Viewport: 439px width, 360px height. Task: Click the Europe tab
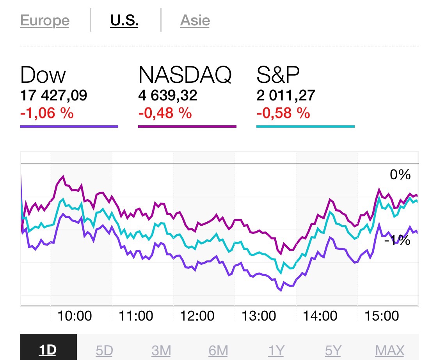[x=44, y=20]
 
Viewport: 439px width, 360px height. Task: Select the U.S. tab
[x=124, y=20]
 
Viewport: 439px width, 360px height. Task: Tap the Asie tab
[x=195, y=20]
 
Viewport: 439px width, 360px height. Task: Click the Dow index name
[x=43, y=75]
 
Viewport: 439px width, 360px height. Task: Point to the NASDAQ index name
[x=185, y=75]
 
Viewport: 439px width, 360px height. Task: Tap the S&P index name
[x=279, y=75]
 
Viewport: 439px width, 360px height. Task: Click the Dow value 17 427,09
[x=53, y=95]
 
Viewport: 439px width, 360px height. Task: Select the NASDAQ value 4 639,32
[x=167, y=95]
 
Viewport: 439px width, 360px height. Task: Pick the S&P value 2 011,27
[x=286, y=95]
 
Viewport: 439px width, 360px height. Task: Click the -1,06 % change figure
[x=47, y=113]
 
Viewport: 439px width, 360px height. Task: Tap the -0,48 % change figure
[x=165, y=113]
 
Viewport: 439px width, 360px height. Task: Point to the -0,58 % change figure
[x=283, y=113]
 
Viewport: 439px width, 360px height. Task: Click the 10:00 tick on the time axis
[x=75, y=315]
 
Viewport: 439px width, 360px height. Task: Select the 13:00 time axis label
[x=259, y=315]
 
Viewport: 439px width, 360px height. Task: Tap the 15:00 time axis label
[x=382, y=315]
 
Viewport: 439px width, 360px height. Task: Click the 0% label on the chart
[x=400, y=175]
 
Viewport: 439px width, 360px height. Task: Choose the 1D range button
[x=48, y=350]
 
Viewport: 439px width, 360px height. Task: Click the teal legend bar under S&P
[x=305, y=127]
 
